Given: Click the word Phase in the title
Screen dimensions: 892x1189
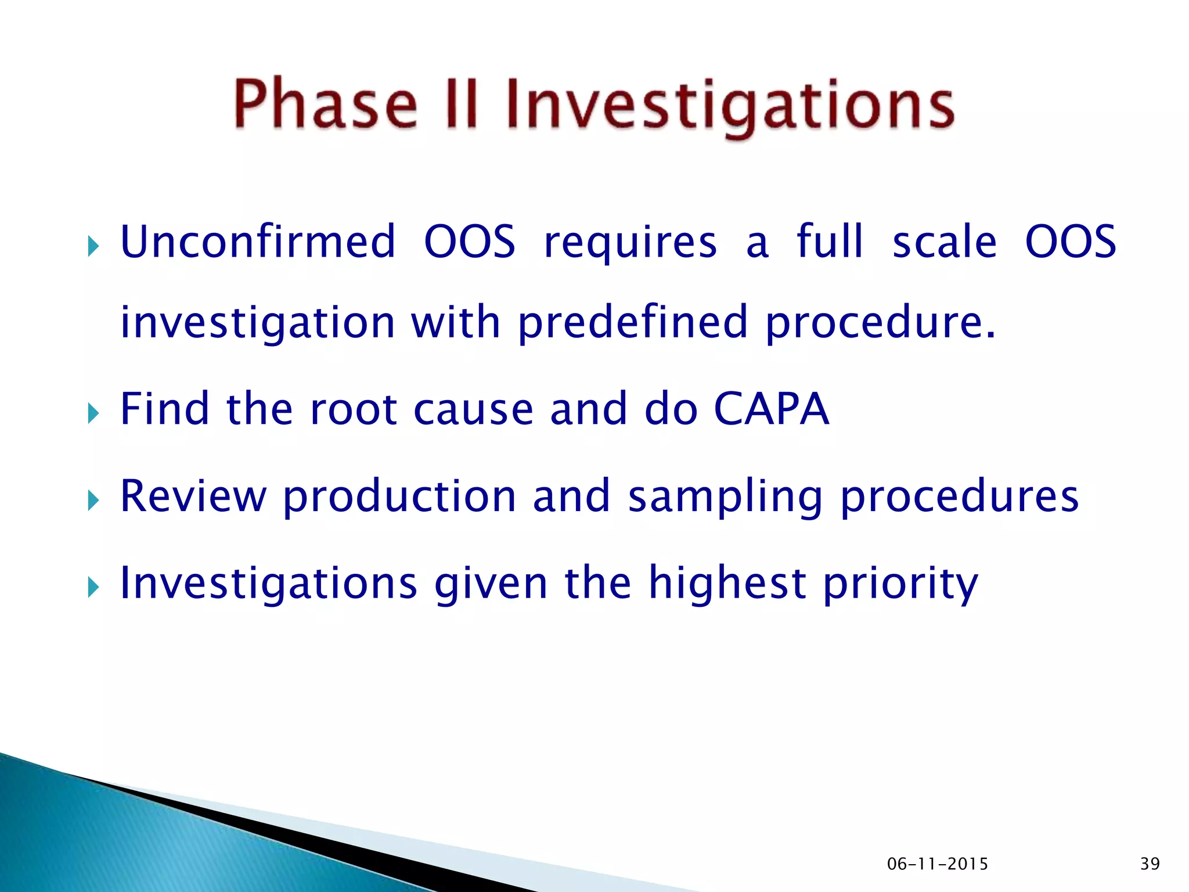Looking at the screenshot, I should (x=325, y=105).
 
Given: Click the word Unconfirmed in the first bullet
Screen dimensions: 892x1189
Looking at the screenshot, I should (x=258, y=242).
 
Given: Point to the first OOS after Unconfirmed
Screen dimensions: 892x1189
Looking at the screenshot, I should (x=469, y=242).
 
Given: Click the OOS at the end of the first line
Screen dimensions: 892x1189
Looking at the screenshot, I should (x=1070, y=242).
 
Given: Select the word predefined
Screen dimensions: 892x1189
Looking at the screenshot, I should (x=632, y=322).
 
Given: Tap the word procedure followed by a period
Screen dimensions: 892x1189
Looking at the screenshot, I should (x=880, y=323).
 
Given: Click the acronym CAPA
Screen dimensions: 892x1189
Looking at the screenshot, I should (x=771, y=409).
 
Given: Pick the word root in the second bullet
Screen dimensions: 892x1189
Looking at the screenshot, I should (x=354, y=409).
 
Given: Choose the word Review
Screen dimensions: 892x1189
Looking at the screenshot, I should (x=193, y=496).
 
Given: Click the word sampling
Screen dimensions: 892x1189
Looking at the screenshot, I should (x=726, y=497).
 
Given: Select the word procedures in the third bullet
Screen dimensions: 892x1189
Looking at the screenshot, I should (x=959, y=497).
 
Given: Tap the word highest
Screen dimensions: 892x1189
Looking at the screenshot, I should (x=727, y=583).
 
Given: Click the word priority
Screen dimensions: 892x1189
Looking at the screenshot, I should (x=900, y=584).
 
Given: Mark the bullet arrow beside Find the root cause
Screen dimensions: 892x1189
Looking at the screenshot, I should (x=93, y=414).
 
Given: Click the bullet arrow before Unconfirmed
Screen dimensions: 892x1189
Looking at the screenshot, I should (x=93, y=247).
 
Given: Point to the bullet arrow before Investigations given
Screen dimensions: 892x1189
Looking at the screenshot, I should (x=93, y=588).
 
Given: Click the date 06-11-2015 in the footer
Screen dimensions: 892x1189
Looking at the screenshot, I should (x=937, y=864).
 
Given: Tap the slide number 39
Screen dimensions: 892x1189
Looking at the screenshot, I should (x=1150, y=864).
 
